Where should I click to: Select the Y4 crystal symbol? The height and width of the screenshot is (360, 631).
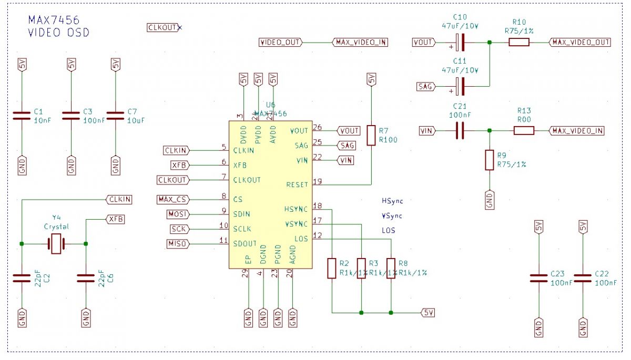click(56, 244)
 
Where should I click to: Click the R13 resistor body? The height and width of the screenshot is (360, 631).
click(524, 130)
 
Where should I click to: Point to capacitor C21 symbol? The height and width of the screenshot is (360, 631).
click(460, 130)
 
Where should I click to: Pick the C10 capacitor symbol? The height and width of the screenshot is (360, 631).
click(460, 43)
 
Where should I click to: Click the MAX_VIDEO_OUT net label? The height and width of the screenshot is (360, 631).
click(580, 43)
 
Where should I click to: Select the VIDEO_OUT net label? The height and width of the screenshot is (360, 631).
click(280, 43)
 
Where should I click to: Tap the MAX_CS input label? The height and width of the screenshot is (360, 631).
click(173, 200)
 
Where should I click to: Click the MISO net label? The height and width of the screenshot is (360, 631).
click(177, 244)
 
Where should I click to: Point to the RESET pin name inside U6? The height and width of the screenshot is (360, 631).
click(297, 185)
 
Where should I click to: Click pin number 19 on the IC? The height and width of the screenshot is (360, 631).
click(317, 181)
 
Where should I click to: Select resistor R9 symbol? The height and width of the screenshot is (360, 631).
click(490, 160)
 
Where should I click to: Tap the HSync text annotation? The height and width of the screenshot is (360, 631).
click(392, 201)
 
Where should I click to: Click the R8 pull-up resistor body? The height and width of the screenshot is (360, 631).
click(391, 268)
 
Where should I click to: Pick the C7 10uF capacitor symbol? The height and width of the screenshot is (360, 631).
click(116, 116)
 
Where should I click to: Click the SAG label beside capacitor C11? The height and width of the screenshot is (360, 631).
click(426, 86)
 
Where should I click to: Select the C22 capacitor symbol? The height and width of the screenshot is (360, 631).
click(583, 279)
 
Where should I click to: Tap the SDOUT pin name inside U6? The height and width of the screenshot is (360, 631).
click(245, 244)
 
